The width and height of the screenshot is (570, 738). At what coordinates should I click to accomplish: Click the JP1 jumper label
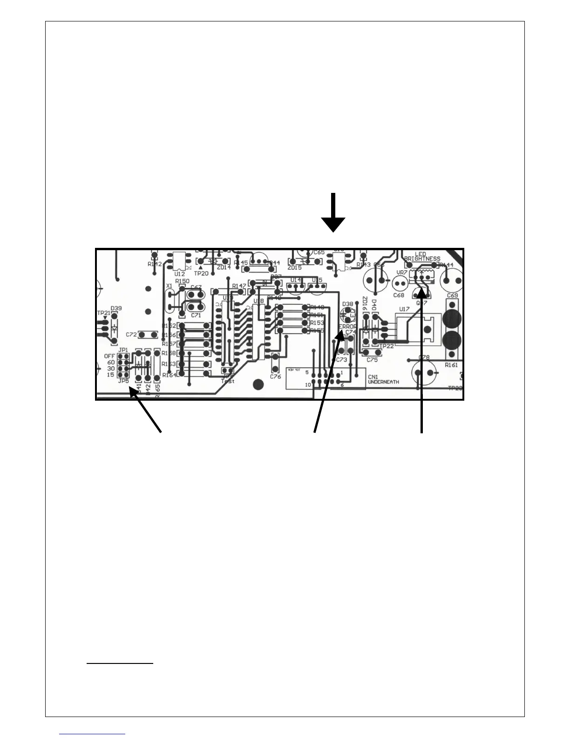click(x=123, y=349)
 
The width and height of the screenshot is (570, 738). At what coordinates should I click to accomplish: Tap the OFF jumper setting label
click(x=109, y=356)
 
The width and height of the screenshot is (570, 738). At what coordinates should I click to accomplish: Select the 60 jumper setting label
click(x=111, y=362)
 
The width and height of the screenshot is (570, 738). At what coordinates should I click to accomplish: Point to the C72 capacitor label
click(x=131, y=335)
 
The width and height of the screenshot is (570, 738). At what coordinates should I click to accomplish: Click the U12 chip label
click(x=179, y=274)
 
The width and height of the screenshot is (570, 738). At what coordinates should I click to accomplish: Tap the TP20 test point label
click(x=201, y=273)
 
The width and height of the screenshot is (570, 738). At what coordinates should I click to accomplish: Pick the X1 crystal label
click(x=169, y=286)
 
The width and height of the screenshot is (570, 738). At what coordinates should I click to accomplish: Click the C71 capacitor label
click(x=196, y=315)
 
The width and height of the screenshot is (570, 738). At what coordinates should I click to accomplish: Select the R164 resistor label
click(x=169, y=375)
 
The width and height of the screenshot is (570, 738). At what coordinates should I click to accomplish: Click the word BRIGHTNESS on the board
click(x=422, y=259)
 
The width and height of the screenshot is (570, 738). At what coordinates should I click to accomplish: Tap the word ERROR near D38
click(x=348, y=327)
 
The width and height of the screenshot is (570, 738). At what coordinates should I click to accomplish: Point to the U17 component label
click(x=404, y=309)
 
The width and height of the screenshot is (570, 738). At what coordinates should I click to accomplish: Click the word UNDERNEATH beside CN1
click(x=383, y=382)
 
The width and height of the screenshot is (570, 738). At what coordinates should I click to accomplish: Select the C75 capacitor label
click(x=372, y=360)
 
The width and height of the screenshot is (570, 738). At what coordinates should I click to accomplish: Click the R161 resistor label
click(x=451, y=365)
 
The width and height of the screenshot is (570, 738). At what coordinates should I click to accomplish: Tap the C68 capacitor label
click(x=399, y=295)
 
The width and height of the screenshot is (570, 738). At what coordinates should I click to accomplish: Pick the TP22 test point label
click(x=387, y=346)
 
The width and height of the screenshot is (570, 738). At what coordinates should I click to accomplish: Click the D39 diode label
click(x=116, y=308)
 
